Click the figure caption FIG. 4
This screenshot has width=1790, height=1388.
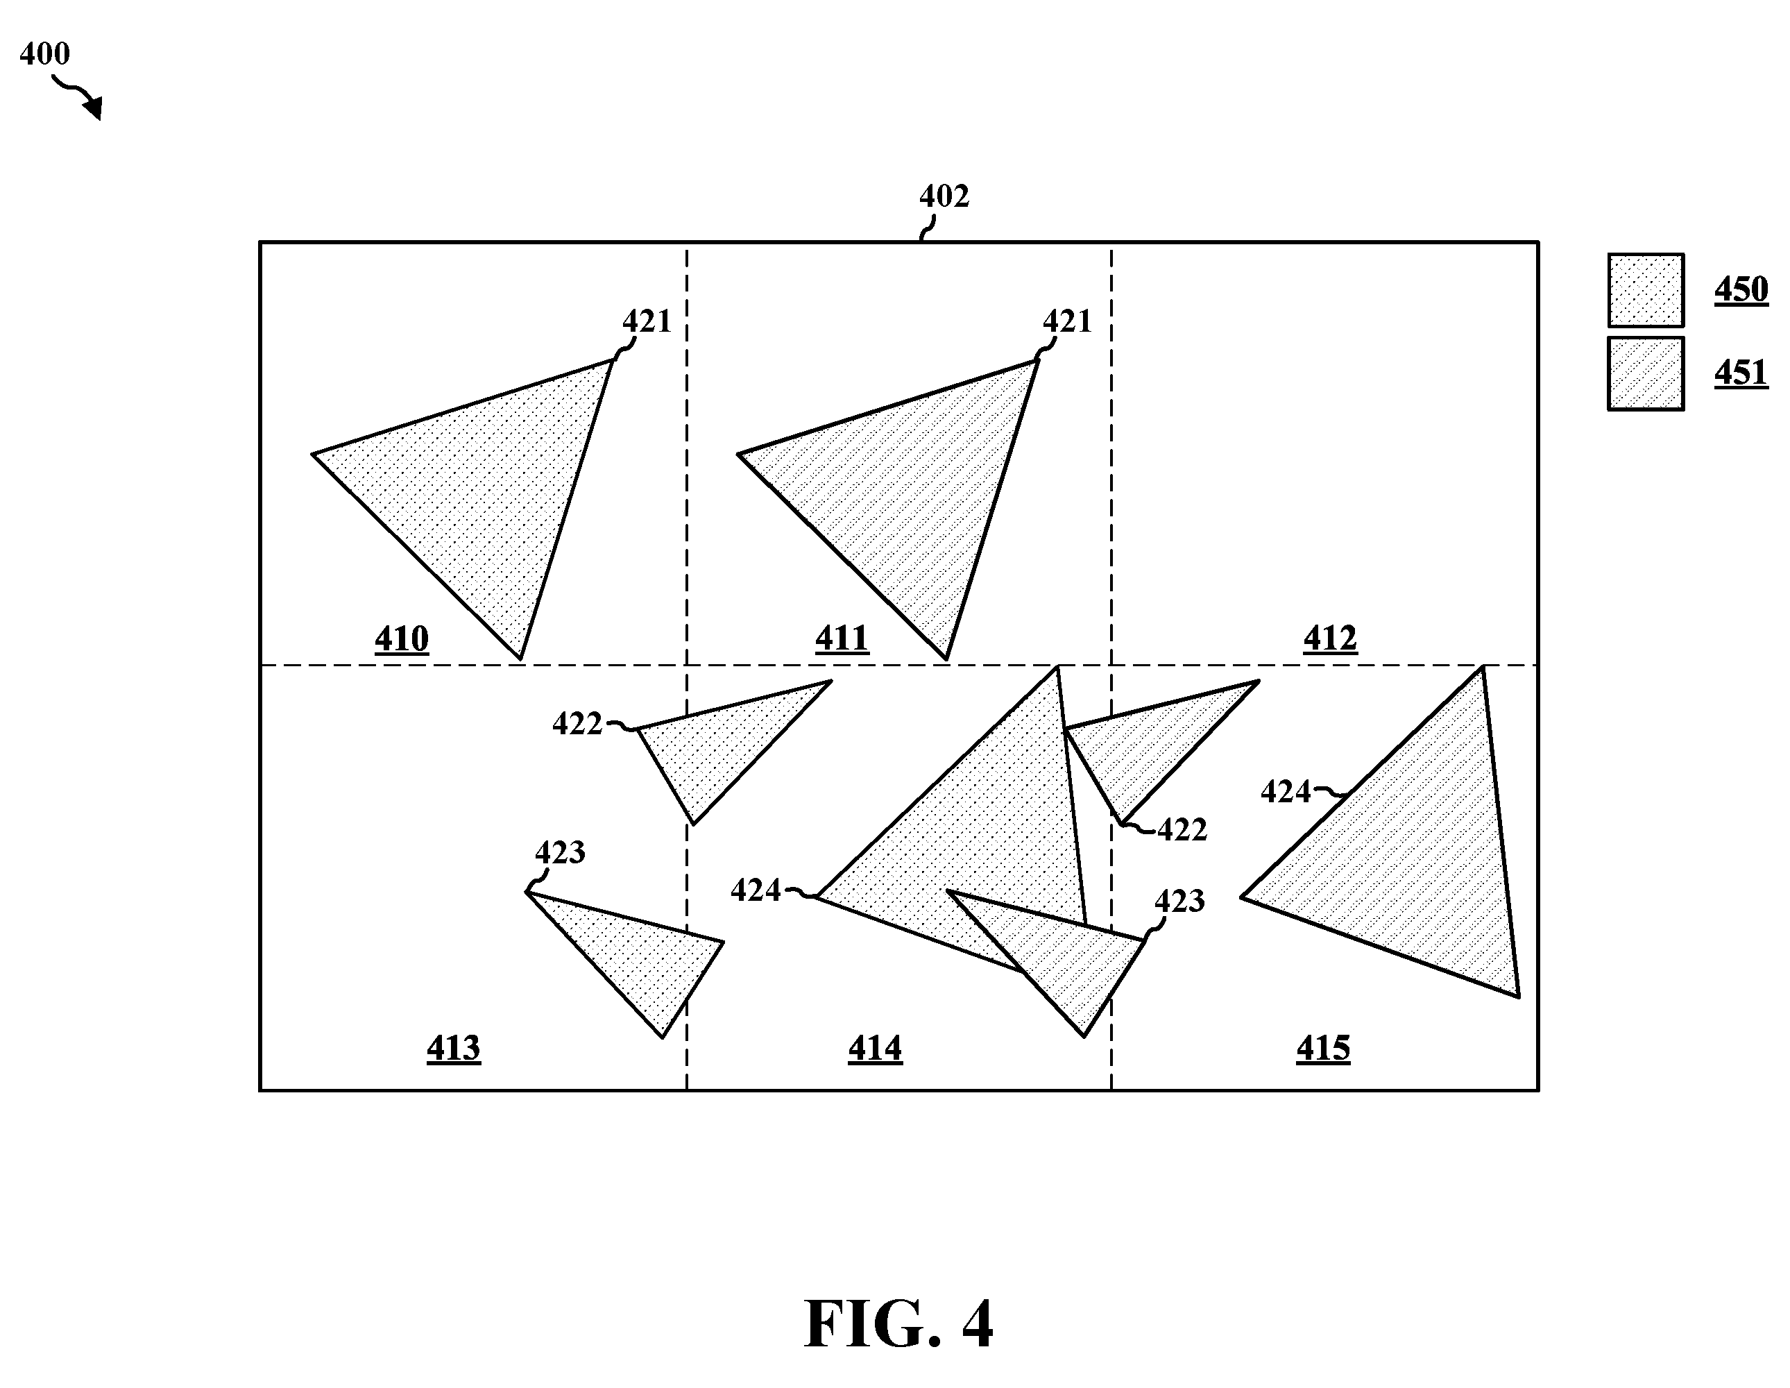[898, 1323]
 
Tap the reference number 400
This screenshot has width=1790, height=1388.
[44, 54]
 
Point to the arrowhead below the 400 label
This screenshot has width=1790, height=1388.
[94, 108]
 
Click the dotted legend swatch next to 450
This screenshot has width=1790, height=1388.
[1646, 290]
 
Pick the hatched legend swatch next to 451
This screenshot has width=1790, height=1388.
[1646, 373]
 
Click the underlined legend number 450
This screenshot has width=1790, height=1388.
[1741, 290]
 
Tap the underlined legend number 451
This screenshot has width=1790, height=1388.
[1741, 374]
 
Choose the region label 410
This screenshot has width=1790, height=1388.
[402, 639]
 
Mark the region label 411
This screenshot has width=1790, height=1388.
[842, 638]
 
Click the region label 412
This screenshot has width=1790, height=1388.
[1330, 638]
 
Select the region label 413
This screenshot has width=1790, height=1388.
[453, 1049]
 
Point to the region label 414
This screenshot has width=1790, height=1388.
[876, 1049]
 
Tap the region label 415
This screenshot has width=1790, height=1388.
[1324, 1049]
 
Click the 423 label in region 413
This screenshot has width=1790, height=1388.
[560, 854]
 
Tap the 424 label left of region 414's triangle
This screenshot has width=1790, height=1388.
[756, 890]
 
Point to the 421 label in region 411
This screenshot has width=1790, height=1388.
[1067, 322]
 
